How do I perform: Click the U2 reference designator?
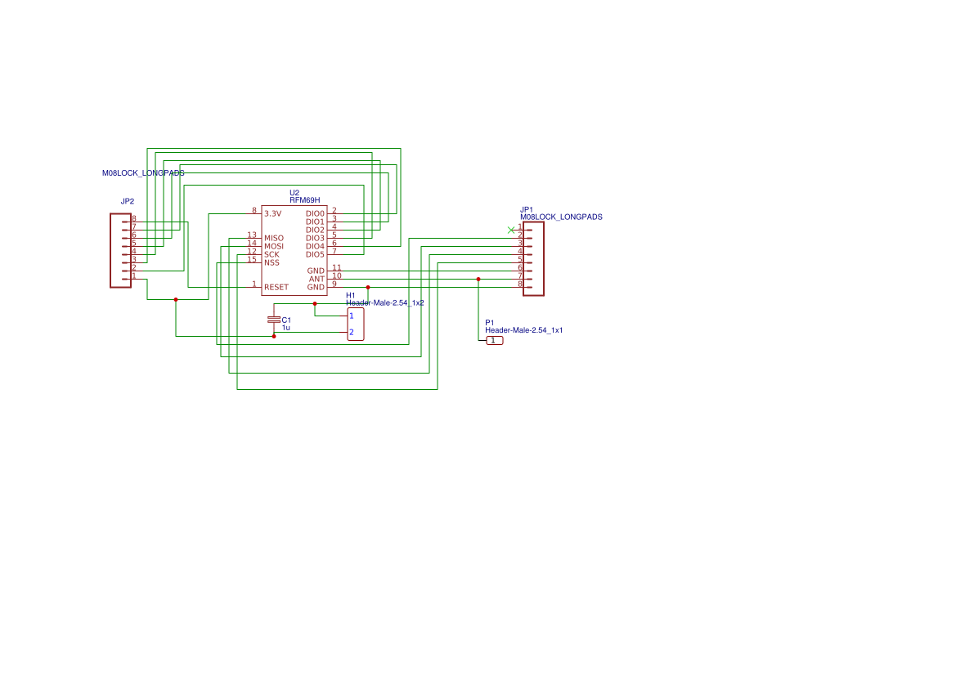click(x=294, y=193)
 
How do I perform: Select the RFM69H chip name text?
click(x=304, y=200)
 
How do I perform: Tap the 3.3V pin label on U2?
click(x=272, y=213)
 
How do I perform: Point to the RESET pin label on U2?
click(x=276, y=287)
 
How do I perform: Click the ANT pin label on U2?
click(x=316, y=279)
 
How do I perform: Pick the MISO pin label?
click(x=273, y=238)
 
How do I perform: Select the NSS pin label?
click(x=272, y=262)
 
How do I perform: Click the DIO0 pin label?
click(x=315, y=213)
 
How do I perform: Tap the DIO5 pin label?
click(x=315, y=254)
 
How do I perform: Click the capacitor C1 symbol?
click(x=274, y=320)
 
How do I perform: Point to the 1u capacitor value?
click(x=286, y=328)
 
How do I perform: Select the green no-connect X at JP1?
click(x=511, y=230)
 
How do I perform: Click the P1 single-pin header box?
click(x=494, y=340)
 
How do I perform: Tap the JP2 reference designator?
click(x=127, y=201)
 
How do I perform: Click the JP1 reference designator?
click(x=527, y=209)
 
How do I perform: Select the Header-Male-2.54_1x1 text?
click(x=523, y=330)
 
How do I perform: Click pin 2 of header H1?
click(x=352, y=332)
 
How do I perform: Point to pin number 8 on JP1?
click(x=519, y=284)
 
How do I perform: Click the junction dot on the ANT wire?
click(x=478, y=279)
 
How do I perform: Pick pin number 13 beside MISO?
click(x=252, y=235)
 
